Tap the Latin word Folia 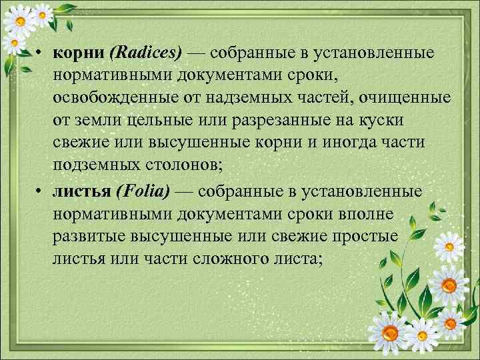click(142, 192)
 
